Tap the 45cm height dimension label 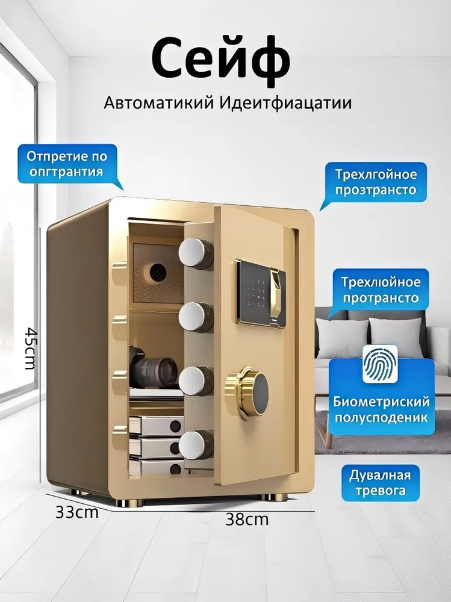[x=30, y=348]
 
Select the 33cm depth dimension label [x=77, y=512]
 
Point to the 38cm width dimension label [x=247, y=520]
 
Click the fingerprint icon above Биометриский [x=380, y=364]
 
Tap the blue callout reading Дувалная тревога [x=381, y=483]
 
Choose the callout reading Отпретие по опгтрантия [x=67, y=164]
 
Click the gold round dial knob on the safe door [x=247, y=393]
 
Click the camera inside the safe [x=152, y=367]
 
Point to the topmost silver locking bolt [x=196, y=253]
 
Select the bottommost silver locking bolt [x=196, y=445]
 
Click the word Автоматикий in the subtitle [x=158, y=103]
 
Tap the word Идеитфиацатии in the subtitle [x=286, y=103]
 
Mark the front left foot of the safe [x=129, y=502]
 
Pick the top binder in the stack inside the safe [x=155, y=426]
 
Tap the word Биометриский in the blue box [x=381, y=402]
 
